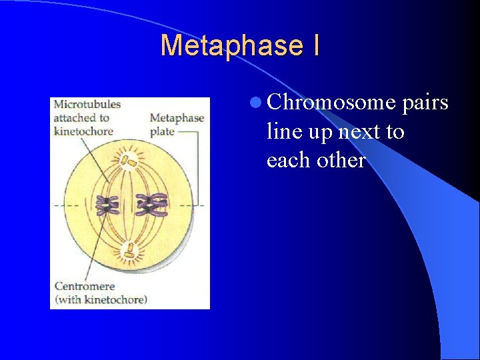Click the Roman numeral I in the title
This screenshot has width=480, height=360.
314,45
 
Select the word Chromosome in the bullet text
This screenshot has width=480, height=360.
331,103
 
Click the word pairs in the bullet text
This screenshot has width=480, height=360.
425,104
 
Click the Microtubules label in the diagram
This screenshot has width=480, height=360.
87,105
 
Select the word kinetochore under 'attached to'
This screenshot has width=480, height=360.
83,131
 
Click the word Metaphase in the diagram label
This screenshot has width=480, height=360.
177,119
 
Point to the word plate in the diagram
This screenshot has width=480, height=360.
162,131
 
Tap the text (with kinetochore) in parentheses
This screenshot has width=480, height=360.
101,299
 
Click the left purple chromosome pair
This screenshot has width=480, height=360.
106,205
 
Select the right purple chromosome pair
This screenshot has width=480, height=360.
153,204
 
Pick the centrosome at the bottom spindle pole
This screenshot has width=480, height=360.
129,251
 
